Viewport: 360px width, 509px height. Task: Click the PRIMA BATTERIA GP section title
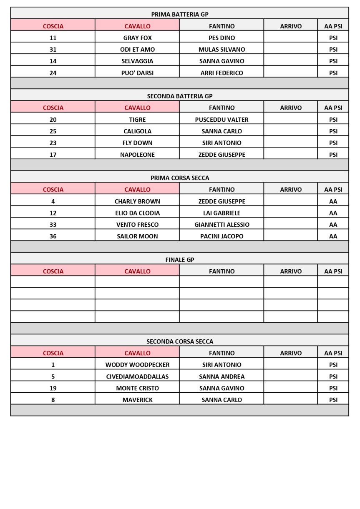(x=179, y=14)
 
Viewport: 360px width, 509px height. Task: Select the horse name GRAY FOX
(x=137, y=38)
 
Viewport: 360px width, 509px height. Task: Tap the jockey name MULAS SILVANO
(x=222, y=50)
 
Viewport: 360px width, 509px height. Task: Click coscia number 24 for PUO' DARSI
(x=53, y=73)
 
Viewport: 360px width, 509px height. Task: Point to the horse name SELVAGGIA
(x=137, y=61)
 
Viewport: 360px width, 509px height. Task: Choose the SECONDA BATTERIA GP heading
(x=179, y=96)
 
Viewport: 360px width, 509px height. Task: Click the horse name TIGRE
(x=137, y=120)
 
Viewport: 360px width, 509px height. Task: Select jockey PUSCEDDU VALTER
(x=222, y=120)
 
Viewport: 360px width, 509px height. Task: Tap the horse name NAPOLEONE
(x=137, y=155)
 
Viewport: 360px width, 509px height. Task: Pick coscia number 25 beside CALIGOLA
(x=53, y=131)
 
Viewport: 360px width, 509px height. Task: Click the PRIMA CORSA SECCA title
(x=179, y=178)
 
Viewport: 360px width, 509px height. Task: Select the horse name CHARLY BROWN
(x=137, y=201)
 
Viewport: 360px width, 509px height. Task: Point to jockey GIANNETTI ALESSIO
(x=222, y=225)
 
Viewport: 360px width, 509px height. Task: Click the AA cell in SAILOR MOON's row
(x=333, y=236)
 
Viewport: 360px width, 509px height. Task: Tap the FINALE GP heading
(x=179, y=260)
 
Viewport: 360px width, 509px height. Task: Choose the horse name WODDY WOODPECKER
(x=137, y=365)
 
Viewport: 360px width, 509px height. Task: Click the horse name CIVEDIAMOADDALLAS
(x=137, y=376)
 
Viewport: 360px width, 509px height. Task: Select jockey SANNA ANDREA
(x=222, y=376)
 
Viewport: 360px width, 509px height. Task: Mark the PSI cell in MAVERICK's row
(x=333, y=400)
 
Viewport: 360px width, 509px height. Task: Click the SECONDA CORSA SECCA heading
(x=179, y=341)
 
